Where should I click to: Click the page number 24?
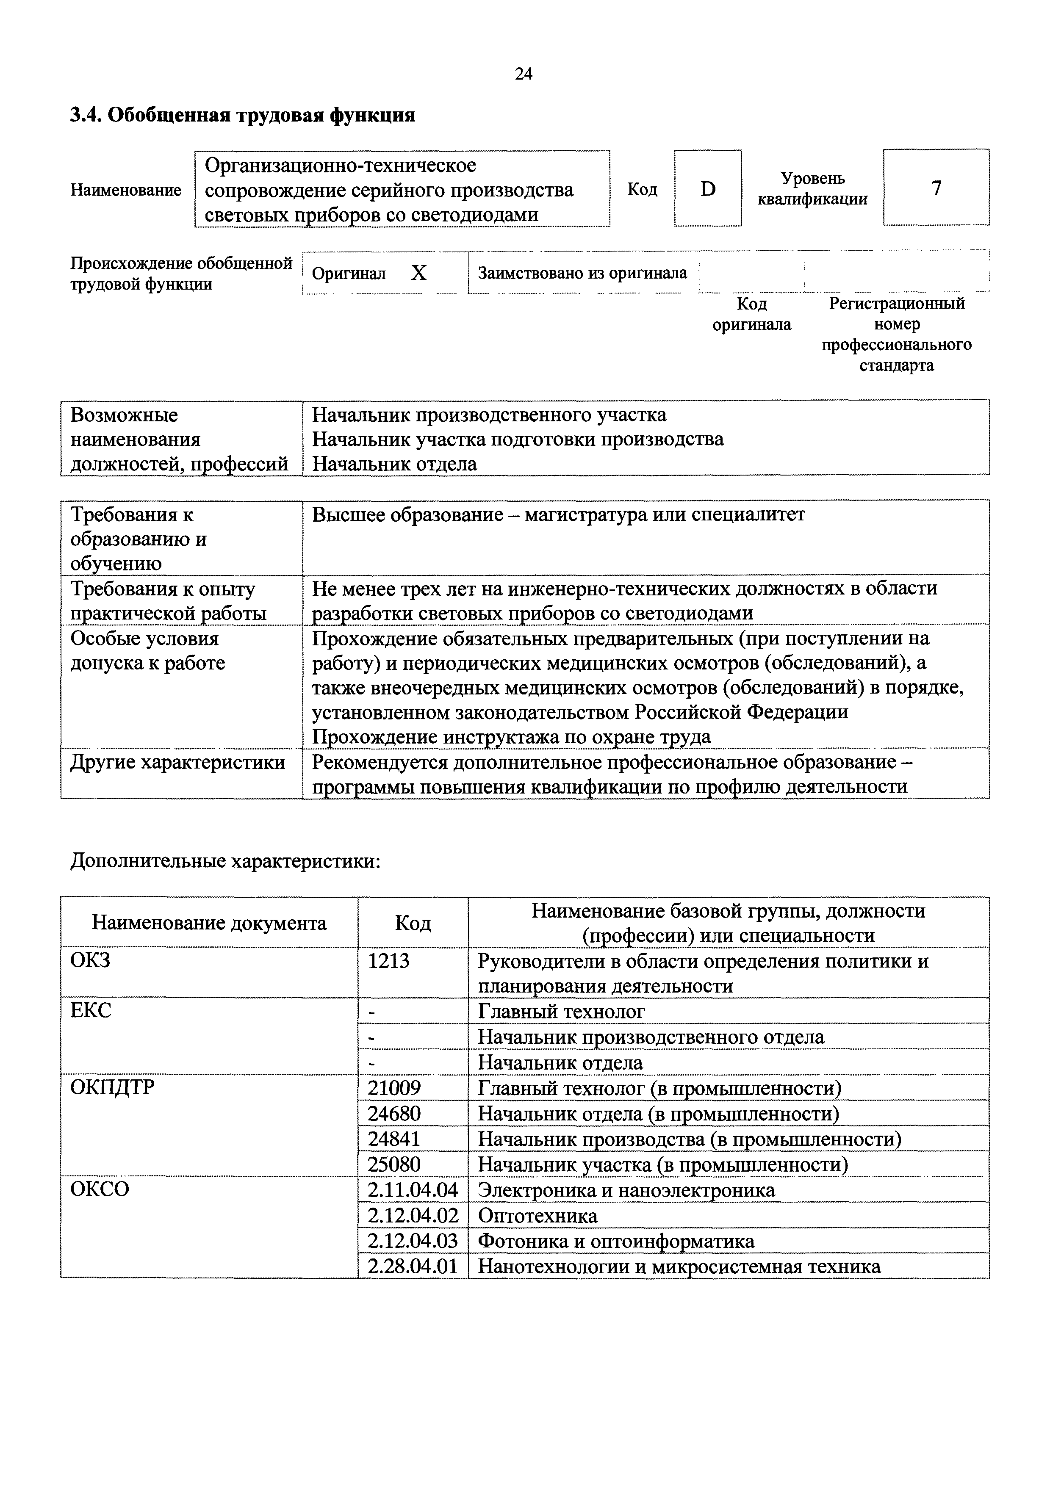point(524,74)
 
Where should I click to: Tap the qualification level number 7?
point(936,188)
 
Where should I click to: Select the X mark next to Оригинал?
point(419,273)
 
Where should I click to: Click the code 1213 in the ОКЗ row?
point(389,961)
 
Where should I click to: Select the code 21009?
point(394,1088)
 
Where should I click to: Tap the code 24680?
point(394,1113)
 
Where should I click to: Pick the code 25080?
point(394,1164)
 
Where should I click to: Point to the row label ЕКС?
point(91,1010)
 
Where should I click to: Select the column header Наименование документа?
point(209,922)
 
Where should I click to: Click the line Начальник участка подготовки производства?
point(518,439)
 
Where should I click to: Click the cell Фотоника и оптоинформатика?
point(616,1241)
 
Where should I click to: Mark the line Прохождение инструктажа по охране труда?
point(511,737)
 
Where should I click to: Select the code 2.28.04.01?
point(413,1267)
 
